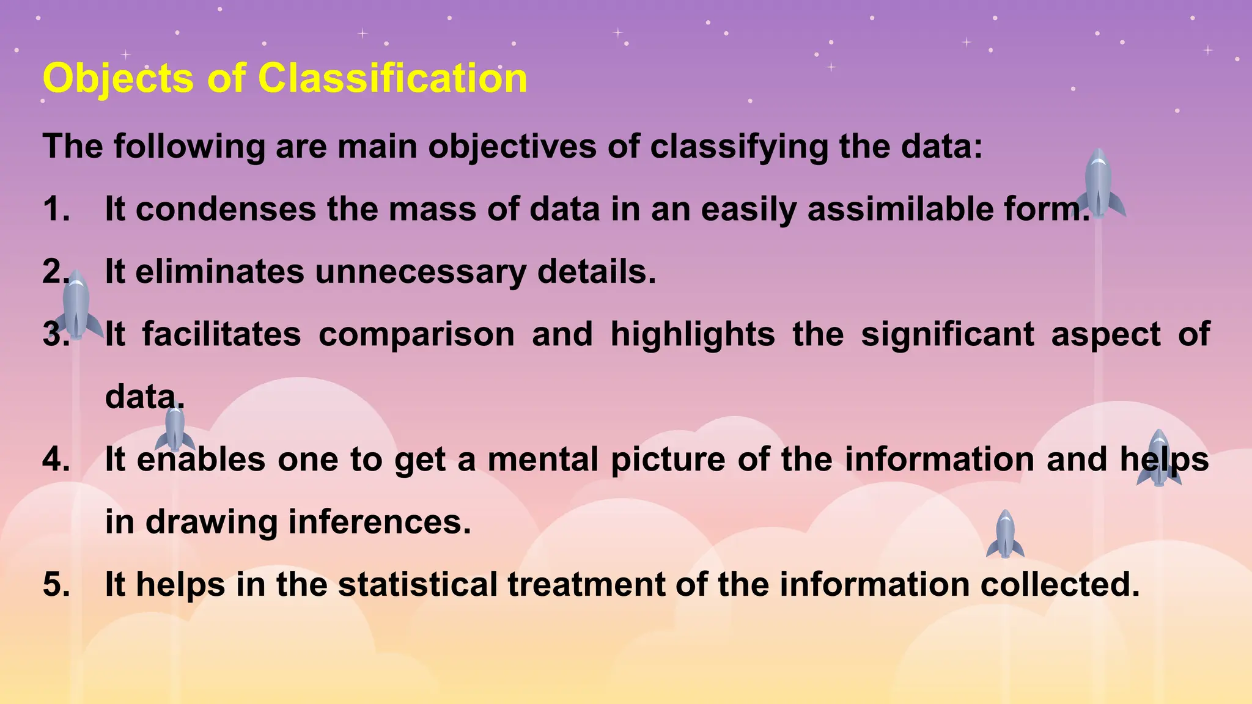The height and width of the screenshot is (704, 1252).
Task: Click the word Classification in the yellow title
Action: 392,79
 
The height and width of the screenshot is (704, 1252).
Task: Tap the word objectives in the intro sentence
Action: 512,147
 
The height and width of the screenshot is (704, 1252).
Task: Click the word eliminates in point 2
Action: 219,272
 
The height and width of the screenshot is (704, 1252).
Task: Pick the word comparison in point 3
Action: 416,334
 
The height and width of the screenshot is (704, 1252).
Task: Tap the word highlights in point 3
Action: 692,334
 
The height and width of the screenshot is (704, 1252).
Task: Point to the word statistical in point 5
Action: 418,584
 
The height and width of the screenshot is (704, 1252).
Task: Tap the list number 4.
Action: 56,460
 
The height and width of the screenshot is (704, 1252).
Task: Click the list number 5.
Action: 56,584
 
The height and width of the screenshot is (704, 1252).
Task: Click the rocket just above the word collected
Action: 1005,535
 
